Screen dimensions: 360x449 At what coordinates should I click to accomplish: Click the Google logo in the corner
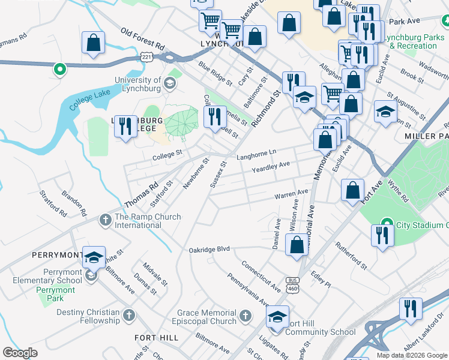pyautogui.click(x=20, y=353)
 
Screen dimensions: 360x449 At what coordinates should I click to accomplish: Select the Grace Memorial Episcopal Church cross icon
pyautogui.click(x=245, y=315)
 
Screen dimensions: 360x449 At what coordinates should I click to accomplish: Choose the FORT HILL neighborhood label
pyautogui.click(x=156, y=338)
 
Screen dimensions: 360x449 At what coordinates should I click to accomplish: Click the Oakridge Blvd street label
pyautogui.click(x=209, y=249)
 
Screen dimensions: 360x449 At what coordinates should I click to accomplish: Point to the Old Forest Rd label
pyautogui.click(x=142, y=38)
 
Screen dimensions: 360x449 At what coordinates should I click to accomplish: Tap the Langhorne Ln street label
pyautogui.click(x=256, y=155)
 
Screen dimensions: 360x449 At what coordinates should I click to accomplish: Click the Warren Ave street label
pyautogui.click(x=291, y=194)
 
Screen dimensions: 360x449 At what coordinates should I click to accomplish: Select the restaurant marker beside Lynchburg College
pyautogui.click(x=125, y=126)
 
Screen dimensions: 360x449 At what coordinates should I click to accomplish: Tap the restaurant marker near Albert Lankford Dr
pyautogui.click(x=410, y=308)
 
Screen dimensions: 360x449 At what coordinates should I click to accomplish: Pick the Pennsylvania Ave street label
pyautogui.click(x=247, y=289)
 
